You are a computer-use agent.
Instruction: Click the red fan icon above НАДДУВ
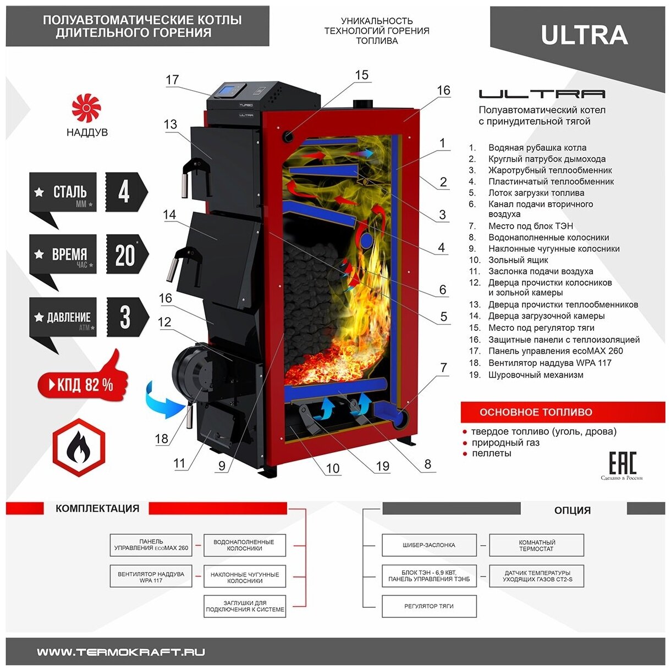tap(86, 108)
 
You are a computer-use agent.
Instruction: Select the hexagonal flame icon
tap(79, 447)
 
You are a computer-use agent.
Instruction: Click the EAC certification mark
tap(622, 463)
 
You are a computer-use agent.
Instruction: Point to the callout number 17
tap(172, 80)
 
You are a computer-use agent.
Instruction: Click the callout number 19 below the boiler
tap(382, 467)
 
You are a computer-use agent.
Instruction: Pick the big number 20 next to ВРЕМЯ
tap(125, 254)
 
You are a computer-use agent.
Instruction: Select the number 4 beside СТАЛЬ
tap(124, 192)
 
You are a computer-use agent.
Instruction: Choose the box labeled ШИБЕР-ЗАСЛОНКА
tap(429, 545)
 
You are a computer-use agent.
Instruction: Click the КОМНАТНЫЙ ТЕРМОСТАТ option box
tap(536, 545)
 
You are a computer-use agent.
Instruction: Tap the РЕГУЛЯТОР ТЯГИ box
tap(429, 606)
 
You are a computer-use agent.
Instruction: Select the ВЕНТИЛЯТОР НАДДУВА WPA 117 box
tap(151, 576)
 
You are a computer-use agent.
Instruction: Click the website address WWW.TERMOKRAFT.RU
tap(121, 652)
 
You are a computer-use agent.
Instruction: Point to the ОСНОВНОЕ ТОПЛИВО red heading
tap(536, 412)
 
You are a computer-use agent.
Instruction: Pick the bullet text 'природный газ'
tap(505, 442)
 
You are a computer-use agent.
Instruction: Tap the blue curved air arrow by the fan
tap(163, 401)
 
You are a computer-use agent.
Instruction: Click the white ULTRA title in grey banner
tap(584, 35)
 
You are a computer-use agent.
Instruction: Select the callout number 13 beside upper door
tap(170, 124)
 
